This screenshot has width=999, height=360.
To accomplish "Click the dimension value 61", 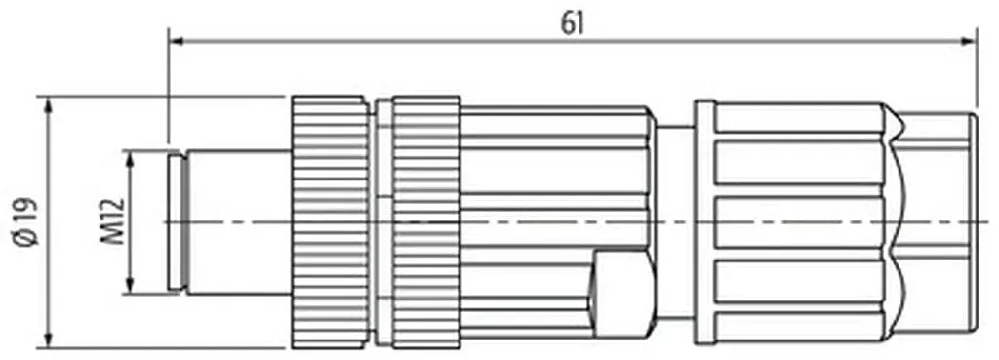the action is tap(573, 23).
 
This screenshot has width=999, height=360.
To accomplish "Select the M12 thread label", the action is tap(113, 221).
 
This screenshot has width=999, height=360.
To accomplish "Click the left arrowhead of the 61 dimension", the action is tap(178, 41).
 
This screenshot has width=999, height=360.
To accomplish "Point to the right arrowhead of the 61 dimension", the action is tap(969, 41).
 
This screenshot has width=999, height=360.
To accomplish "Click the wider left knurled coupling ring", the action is tap(330, 222).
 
